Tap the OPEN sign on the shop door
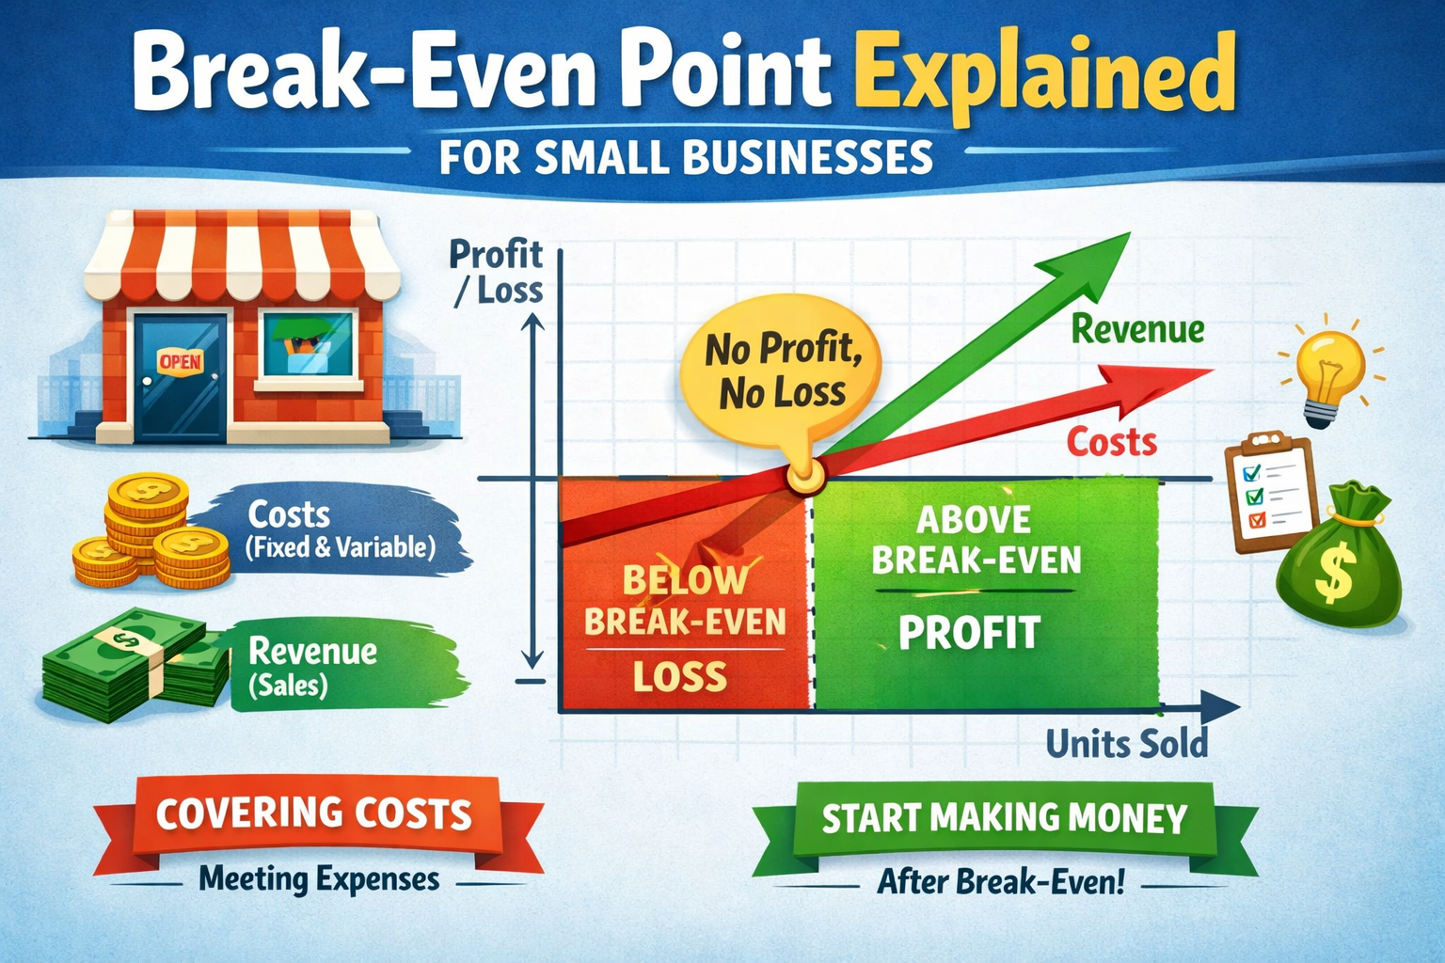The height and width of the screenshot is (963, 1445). (x=180, y=362)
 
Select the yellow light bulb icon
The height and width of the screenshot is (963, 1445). (x=1331, y=371)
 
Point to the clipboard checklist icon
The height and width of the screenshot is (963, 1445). (x=1272, y=494)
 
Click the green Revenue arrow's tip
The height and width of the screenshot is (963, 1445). (x=1130, y=233)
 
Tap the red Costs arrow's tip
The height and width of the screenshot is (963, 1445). (x=1214, y=371)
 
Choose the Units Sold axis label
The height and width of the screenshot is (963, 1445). (x=1126, y=744)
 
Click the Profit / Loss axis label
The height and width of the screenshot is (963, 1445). (x=497, y=272)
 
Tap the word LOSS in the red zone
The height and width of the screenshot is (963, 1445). (x=679, y=676)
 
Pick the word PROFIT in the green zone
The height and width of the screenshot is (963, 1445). (x=969, y=633)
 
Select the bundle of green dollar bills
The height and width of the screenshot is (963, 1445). (x=136, y=665)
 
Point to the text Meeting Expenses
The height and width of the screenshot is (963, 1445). (x=319, y=880)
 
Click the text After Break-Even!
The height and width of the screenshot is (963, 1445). (x=1001, y=882)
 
